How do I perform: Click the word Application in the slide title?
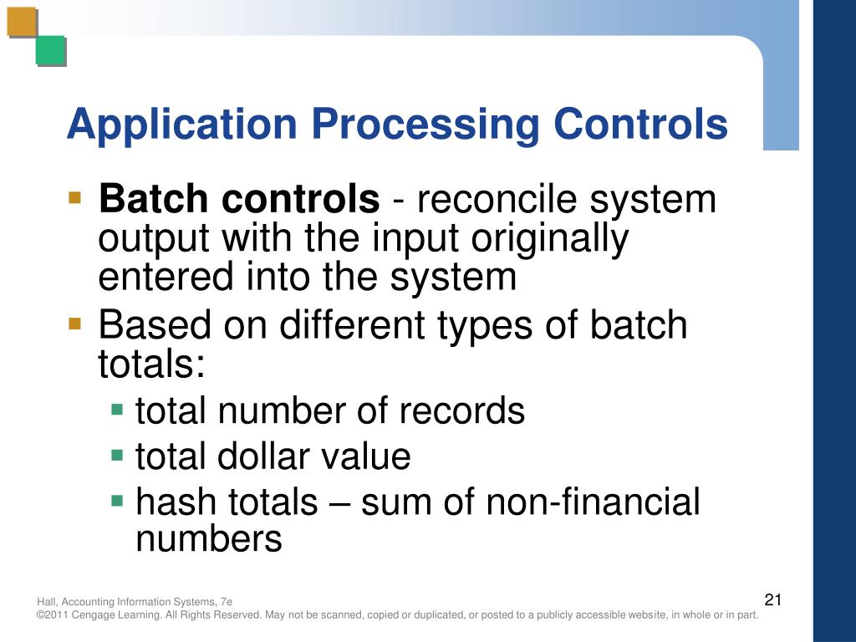[182, 125]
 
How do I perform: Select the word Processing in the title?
[425, 125]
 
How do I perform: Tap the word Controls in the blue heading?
[639, 125]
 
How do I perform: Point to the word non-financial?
[593, 502]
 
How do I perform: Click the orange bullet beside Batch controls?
[75, 199]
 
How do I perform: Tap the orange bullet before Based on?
[75, 324]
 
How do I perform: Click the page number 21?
[772, 599]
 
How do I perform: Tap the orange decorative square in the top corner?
[23, 23]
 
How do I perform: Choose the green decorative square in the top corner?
[50, 51]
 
